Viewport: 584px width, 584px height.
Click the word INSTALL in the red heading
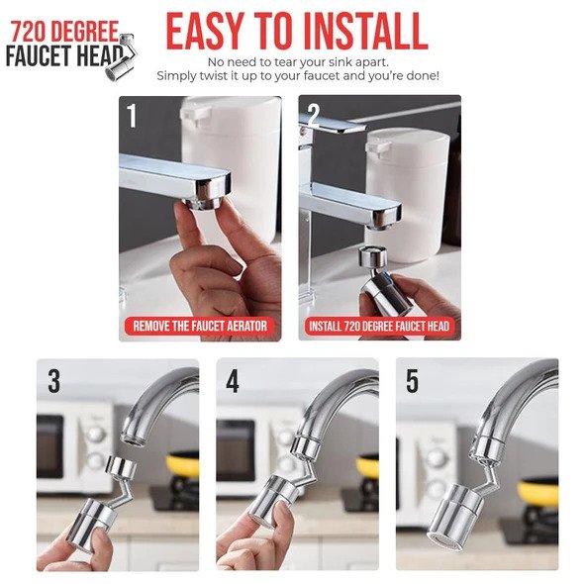point(366,31)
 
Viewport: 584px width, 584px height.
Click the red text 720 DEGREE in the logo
point(64,32)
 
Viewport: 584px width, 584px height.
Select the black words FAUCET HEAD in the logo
point(64,55)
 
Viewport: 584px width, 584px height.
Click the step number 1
point(132,115)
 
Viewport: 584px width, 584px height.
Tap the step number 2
point(314,115)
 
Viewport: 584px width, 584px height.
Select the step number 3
point(53,381)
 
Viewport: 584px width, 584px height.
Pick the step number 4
point(233,381)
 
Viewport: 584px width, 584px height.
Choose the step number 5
point(412,381)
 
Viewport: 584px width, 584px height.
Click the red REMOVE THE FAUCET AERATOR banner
point(200,327)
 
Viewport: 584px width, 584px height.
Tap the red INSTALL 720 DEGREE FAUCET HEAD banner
point(379,327)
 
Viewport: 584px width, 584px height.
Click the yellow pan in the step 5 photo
point(538,492)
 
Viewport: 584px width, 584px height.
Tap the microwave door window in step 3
point(49,447)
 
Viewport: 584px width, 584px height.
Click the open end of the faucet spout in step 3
point(134,438)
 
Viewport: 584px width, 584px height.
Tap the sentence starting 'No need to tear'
point(298,61)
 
